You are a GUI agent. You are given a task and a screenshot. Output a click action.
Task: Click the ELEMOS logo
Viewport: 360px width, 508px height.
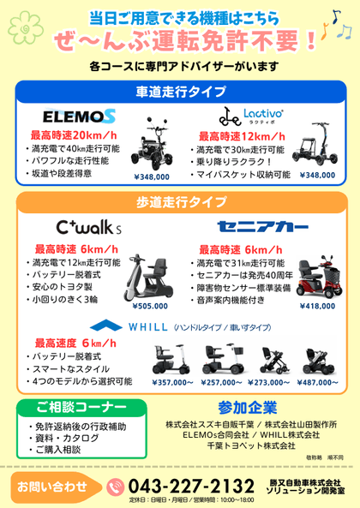click(x=78, y=115)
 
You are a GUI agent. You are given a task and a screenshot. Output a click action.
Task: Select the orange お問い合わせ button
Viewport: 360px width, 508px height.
click(x=52, y=486)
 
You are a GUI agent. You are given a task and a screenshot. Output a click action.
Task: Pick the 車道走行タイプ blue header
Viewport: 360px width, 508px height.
click(x=180, y=91)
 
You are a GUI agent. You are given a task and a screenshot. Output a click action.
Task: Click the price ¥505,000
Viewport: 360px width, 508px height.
click(x=148, y=306)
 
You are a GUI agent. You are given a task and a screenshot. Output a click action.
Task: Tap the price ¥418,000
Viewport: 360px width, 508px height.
click(x=318, y=306)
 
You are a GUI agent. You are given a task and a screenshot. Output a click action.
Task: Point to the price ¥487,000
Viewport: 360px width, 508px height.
click(x=324, y=383)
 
